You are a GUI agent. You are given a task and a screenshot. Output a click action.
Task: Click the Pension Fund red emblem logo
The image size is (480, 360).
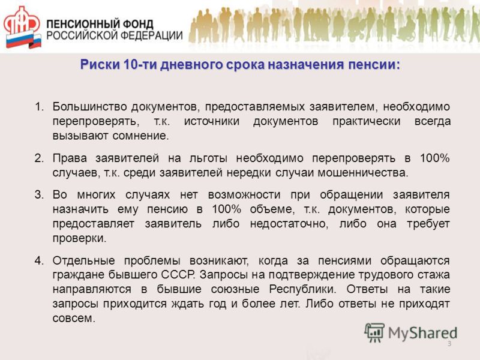(x=22, y=28)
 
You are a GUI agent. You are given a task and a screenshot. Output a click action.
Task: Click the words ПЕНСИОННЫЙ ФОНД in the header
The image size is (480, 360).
(x=100, y=24)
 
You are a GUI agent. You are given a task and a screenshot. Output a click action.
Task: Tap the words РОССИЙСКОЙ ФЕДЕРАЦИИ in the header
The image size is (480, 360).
(x=115, y=35)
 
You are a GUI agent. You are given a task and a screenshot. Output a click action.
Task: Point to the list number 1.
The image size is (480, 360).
(x=39, y=107)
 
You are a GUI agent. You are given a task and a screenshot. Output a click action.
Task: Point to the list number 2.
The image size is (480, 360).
(x=39, y=158)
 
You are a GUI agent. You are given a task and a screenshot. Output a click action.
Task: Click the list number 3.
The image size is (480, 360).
(x=39, y=194)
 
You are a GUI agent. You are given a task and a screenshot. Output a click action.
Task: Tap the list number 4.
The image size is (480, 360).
(x=39, y=260)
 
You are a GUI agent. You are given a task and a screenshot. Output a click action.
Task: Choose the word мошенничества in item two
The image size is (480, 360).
(x=363, y=173)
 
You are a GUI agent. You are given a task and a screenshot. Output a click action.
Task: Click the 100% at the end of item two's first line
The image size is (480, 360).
(x=434, y=158)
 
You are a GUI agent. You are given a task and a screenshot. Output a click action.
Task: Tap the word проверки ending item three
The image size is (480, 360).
(x=79, y=238)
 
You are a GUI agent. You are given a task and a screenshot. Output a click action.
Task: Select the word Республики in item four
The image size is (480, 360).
(x=302, y=289)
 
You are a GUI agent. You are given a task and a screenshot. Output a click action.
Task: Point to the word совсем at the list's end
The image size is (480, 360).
(x=74, y=319)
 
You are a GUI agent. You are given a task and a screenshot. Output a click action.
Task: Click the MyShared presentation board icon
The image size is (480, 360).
(x=374, y=332)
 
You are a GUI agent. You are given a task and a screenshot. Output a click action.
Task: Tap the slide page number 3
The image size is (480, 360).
(x=449, y=343)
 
